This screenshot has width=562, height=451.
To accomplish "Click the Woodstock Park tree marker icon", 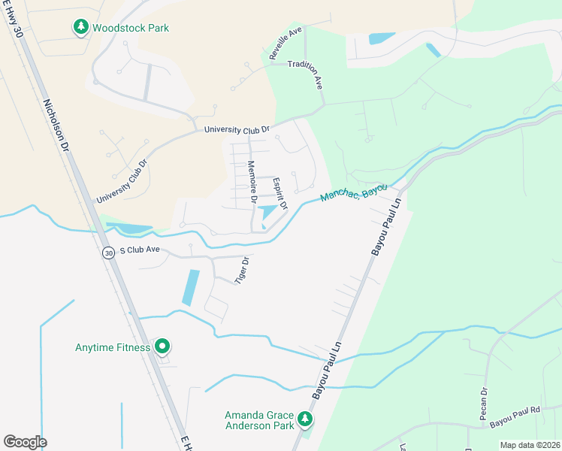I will point(80,28).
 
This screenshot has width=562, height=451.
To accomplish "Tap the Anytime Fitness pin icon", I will point(162,347).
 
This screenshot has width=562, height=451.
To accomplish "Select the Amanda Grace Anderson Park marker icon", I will point(304,418).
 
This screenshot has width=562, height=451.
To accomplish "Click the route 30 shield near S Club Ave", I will point(109,253).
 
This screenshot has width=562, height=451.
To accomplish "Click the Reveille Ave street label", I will point(285,44).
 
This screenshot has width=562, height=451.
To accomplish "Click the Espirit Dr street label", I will point(280,192).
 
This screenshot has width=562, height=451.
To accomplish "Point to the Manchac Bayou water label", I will point(352,192).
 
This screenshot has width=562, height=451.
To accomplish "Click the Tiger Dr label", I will point(242,269).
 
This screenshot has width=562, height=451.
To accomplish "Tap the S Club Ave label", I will point(140,250).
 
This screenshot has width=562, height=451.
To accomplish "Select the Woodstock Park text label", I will point(131,29).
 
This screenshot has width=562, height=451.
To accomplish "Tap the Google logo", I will point(25,442).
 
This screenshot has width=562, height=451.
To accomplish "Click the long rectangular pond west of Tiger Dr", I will point(191,287).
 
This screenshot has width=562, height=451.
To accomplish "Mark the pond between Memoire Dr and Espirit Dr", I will point(267,213).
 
